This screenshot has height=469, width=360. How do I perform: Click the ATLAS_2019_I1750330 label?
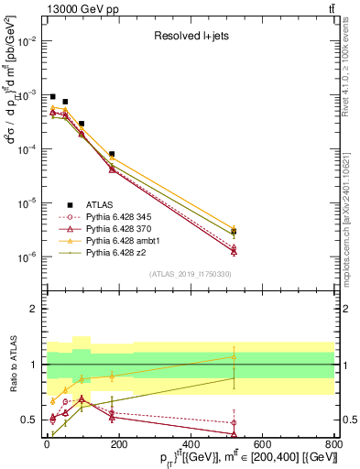pyautogui.click(x=190, y=274)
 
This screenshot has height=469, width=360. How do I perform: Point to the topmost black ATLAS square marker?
pyautogui.click(x=53, y=97)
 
